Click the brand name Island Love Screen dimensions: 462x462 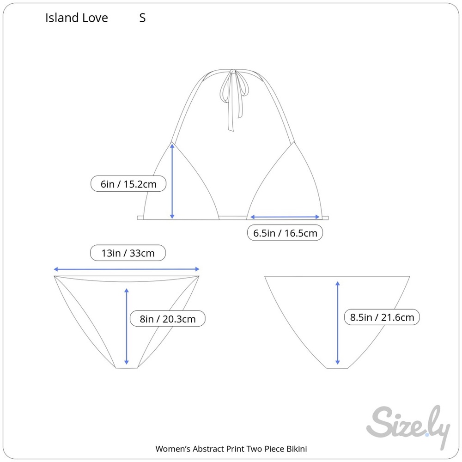pos(77,18)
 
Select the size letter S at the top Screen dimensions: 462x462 pos(142,18)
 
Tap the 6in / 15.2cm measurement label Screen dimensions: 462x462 pos(128,184)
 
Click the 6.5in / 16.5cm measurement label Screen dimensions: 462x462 pos(285,233)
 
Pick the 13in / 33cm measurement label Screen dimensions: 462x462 pos(128,253)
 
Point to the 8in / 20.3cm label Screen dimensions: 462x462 pos(167,318)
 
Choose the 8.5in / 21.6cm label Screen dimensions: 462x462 pos(382,317)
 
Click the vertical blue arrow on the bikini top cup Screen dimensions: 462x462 pos(172,181)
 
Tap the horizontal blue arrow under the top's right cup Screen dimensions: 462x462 pos(285,217)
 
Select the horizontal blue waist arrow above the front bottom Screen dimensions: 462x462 pos(127,269)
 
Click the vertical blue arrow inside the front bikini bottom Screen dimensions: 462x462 pos(127,327)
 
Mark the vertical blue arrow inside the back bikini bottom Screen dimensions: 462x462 pos(338,323)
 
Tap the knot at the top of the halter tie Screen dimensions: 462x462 pos(233,72)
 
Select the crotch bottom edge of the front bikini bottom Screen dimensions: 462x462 pos(127,368)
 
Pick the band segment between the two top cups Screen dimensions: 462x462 pos(233,218)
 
